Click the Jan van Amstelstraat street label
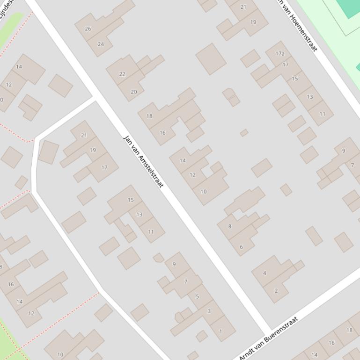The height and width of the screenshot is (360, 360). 143,161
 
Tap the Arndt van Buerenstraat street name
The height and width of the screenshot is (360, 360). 268,338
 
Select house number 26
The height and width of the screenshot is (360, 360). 88,29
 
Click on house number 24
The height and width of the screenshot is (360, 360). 101,44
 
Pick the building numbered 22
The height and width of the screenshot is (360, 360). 122,74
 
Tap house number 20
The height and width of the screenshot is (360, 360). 133,92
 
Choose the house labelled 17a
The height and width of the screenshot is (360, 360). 280,54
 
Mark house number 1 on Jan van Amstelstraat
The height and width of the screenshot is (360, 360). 220,331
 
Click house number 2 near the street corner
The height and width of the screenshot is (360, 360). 276,290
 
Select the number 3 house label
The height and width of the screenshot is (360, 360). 209,311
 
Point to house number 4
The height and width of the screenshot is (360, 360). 264,273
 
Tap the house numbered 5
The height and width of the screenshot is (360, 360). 197,296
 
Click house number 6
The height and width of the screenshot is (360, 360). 241,247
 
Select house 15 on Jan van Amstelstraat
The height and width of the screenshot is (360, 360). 131,200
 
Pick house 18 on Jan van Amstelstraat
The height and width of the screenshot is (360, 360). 149,116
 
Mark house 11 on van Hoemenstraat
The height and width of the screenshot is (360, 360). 322,114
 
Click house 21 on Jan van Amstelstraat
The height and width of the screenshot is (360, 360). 84,136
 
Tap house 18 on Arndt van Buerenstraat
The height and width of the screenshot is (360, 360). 349,330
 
